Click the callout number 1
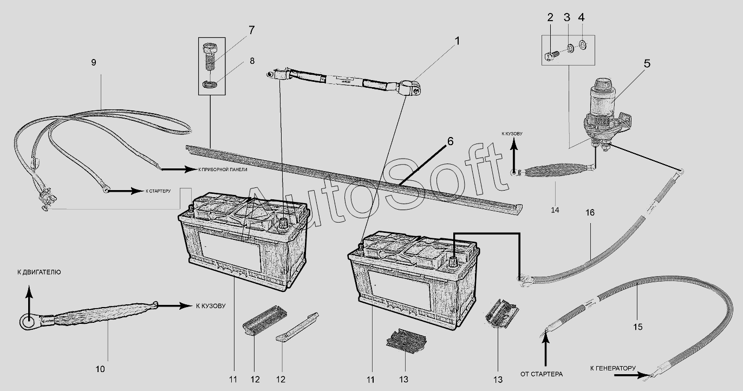[x=458, y=42]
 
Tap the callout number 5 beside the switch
[x=647, y=64]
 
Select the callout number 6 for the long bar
[x=450, y=141]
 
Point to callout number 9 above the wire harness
[x=94, y=62]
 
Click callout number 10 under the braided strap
[x=100, y=369]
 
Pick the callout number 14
[x=555, y=210]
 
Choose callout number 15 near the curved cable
[x=637, y=327]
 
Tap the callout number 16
[x=590, y=213]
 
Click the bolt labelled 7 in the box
[x=210, y=57]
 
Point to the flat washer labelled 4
[x=583, y=44]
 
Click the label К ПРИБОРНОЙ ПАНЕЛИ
[x=223, y=170]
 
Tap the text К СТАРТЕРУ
[x=158, y=191]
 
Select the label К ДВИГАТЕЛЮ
[x=39, y=272]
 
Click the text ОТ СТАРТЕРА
[x=542, y=374]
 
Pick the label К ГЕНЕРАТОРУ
[x=613, y=368]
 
